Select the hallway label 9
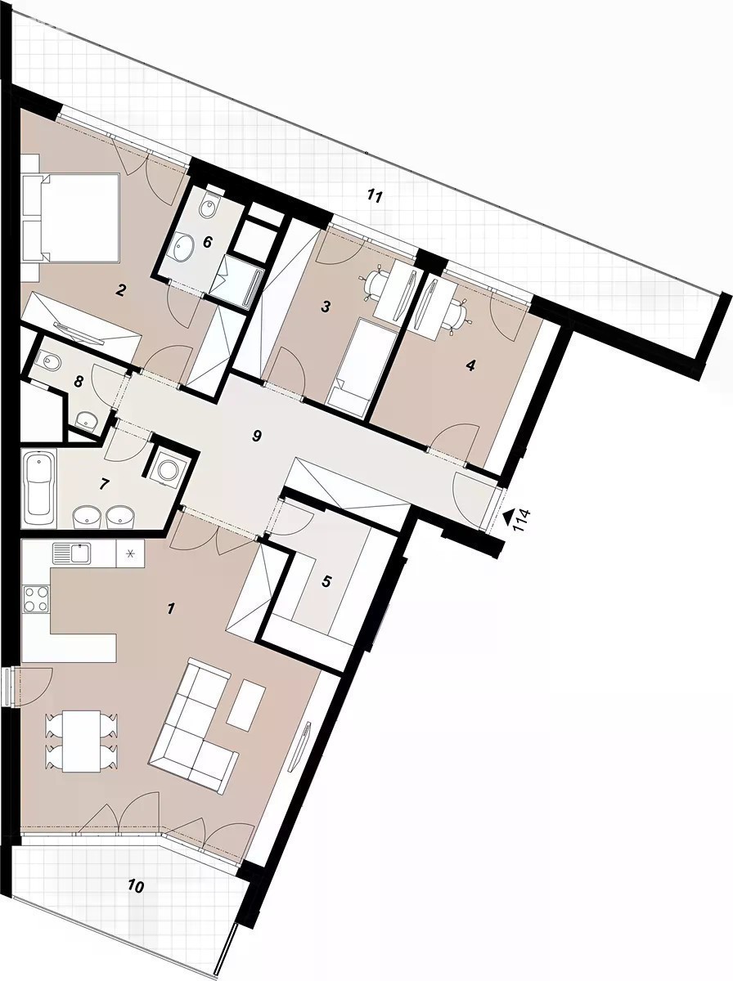click(x=256, y=436)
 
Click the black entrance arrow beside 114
click(x=507, y=517)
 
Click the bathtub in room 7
click(x=39, y=489)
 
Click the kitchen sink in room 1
click(x=71, y=553)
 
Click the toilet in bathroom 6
click(x=209, y=204)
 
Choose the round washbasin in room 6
click(x=183, y=246)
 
